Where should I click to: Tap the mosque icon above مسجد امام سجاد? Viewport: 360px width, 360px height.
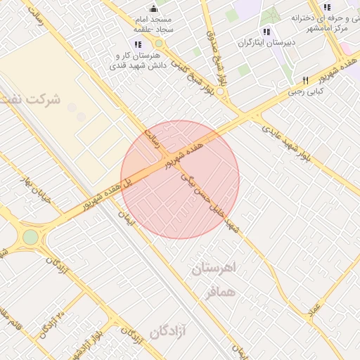pyautogui.click(x=154, y=8)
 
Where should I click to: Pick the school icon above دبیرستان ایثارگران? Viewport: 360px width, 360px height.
pyautogui.click(x=266, y=32)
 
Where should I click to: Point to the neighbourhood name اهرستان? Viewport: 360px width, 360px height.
pyautogui.click(x=215, y=269)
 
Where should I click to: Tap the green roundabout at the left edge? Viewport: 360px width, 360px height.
pyautogui.click(x=30, y=237)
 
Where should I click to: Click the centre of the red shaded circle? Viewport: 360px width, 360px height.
pyautogui.click(x=180, y=179)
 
